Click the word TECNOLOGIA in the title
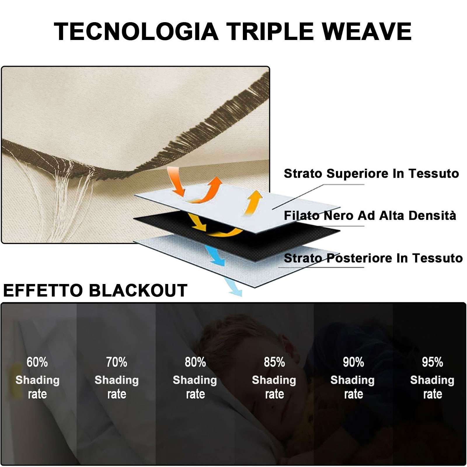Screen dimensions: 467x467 pos(136,31)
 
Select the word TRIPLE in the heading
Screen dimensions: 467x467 pos(270,31)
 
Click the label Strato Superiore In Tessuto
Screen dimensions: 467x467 pos(371,173)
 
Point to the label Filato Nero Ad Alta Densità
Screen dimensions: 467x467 pos(370,215)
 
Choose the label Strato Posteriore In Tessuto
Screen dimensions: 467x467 pos(373,258)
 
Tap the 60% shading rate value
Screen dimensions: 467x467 pos(37,362)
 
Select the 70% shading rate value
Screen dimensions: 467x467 pos(116,362)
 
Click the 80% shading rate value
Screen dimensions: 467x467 pos(195,362)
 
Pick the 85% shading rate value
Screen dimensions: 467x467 pos(274,362)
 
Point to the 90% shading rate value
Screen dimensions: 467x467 pos(353,362)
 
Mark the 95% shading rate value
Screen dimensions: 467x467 pos(432,362)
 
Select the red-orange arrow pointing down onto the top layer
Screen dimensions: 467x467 pos(177,181)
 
